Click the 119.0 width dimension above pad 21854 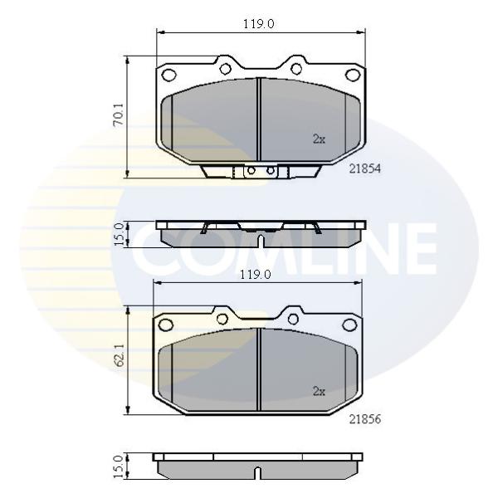pos(258,24)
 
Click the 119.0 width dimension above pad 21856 pos(255,275)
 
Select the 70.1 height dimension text pos(119,115)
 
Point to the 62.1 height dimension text pos(120,355)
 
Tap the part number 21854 pos(365,168)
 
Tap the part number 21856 pos(365,419)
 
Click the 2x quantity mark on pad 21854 pos(319,139)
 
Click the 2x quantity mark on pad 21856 pos(319,391)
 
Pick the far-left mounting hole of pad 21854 pos(168,76)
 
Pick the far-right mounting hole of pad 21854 pos(352,76)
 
